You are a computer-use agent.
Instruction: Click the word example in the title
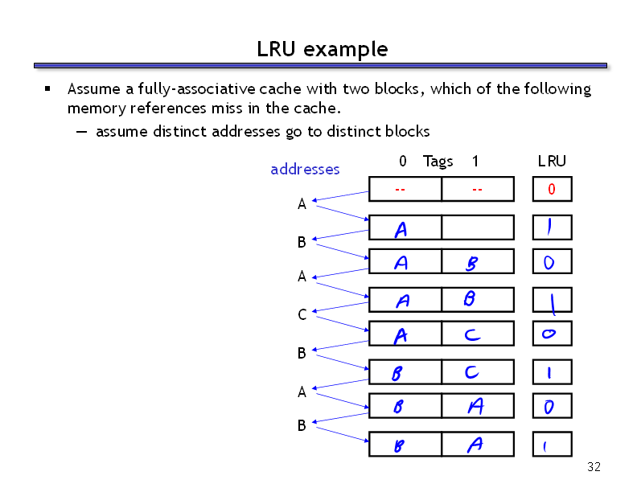[x=345, y=50]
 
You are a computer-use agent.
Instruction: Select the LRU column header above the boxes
[x=552, y=161]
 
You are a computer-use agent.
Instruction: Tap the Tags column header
[x=438, y=162]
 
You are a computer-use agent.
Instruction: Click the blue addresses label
[x=305, y=169]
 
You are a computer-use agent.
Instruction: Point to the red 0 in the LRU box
[x=551, y=189]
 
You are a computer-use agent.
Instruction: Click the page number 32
[x=594, y=467]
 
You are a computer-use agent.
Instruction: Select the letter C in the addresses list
[x=302, y=314]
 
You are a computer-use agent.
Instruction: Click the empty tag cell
[x=478, y=228]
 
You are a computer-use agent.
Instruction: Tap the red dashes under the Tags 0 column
[x=400, y=190]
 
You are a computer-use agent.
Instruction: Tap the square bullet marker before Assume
[x=47, y=88]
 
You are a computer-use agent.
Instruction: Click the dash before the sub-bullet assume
[x=81, y=132]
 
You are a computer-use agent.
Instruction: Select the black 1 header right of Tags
[x=475, y=161]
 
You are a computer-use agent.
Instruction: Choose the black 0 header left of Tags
[x=403, y=161]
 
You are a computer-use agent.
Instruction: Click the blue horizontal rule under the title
[x=320, y=65]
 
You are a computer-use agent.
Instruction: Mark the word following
[x=557, y=89]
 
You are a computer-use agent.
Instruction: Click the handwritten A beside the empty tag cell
[x=401, y=230]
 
